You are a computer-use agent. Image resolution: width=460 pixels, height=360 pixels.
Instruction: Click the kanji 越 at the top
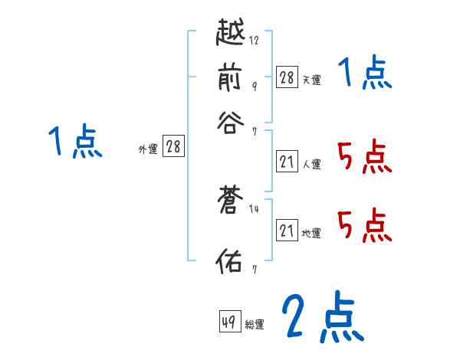pos(232,33)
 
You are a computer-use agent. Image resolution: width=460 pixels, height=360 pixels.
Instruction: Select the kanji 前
pos(232,77)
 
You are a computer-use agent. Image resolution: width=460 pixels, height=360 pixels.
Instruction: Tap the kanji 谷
pos(232,121)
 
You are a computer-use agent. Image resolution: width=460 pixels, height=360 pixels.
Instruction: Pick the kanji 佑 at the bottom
pos(232,261)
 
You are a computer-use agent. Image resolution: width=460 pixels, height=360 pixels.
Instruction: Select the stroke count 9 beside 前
pos(254,86)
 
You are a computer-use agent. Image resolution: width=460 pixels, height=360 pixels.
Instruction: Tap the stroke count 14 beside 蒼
pos(254,209)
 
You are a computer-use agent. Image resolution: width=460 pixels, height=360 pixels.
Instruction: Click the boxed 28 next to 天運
pos(287,77)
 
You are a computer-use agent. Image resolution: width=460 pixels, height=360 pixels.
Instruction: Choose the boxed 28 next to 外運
pos(173,146)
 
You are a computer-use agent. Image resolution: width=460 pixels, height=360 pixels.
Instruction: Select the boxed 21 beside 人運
pos(287,161)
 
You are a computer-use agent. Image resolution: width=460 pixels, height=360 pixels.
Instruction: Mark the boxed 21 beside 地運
pos(287,230)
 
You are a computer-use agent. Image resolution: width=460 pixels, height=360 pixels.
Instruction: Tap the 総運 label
pos(255,325)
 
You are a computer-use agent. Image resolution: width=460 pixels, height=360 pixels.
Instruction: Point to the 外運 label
pos(148,149)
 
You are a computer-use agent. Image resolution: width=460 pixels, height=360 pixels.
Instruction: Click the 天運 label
pos(311,80)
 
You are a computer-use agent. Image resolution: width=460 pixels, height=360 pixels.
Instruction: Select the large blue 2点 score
pos(322,318)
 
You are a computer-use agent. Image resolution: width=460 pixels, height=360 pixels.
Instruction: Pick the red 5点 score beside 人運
pos(363,159)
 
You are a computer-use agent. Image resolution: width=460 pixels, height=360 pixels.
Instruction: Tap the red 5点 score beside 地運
pos(363,226)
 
